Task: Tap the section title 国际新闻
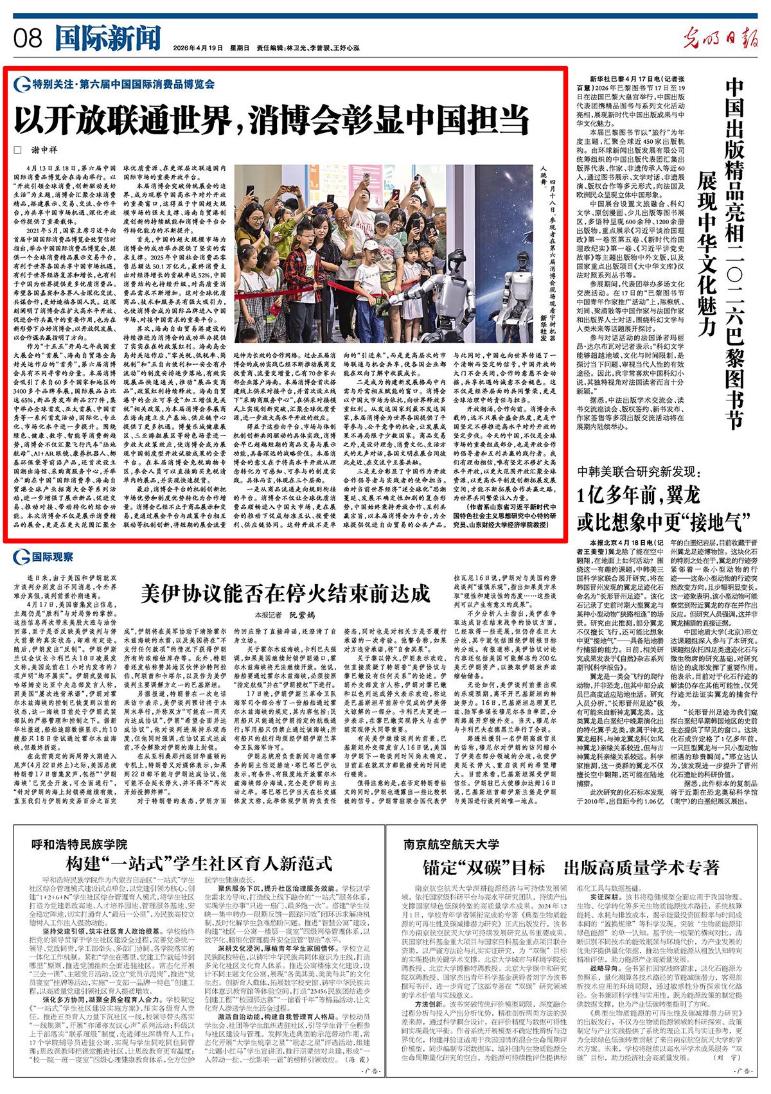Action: pyautogui.click(x=107, y=38)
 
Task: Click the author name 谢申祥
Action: pyautogui.click(x=45, y=150)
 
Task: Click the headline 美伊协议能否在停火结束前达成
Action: pyautogui.click(x=285, y=593)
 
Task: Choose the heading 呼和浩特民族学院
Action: pyautogui.click(x=80, y=844)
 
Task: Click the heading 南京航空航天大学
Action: pyautogui.click(x=451, y=844)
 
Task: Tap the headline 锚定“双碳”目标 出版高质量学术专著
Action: pyautogui.click(x=571, y=868)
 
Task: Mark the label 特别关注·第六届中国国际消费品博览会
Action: pyautogui.click(x=123, y=84)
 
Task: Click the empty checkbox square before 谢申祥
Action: pyautogui.click(x=18, y=150)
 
